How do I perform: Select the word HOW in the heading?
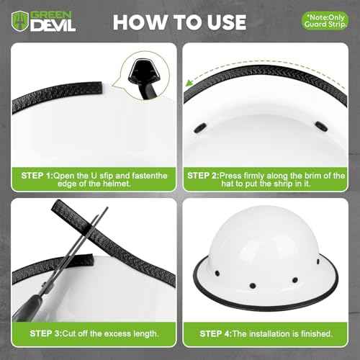[x=141, y=22]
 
